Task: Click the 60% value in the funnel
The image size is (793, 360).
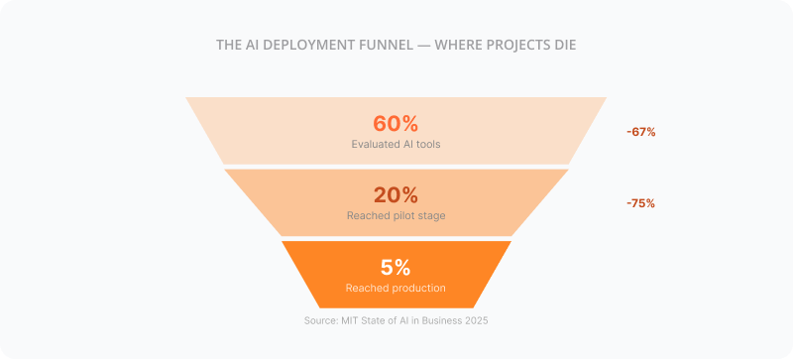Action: [396, 124]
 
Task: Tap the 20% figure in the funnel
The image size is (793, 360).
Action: [396, 195]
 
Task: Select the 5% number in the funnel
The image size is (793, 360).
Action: [396, 267]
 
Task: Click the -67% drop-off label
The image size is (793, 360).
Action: [640, 132]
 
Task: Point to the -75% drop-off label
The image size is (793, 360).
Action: [640, 203]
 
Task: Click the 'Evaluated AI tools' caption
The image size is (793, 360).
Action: [396, 144]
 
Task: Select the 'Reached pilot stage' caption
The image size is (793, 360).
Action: [396, 215]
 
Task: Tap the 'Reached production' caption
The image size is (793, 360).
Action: [396, 288]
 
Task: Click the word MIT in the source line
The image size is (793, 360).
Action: [346, 320]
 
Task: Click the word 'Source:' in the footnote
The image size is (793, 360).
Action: [319, 320]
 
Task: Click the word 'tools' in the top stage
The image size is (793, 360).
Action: [426, 144]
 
